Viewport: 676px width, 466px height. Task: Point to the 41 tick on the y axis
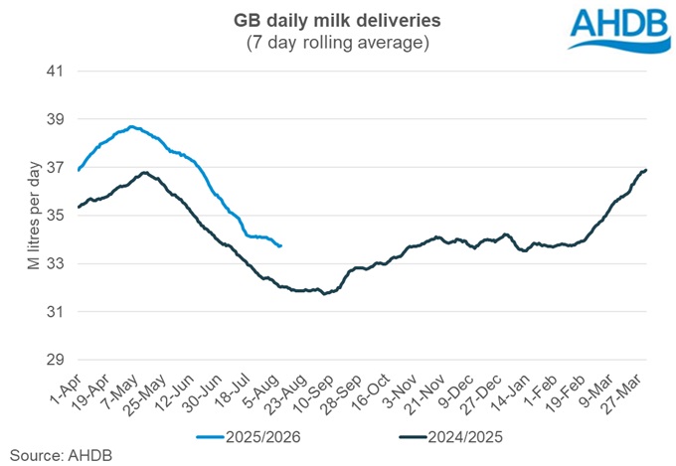pos(55,72)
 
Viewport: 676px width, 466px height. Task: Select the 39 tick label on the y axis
pos(55,119)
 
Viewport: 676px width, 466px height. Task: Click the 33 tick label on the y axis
pos(55,264)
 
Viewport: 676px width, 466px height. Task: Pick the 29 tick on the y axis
pos(55,360)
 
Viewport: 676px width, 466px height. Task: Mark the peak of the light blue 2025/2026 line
pos(131,126)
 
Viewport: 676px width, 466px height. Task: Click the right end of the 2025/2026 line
pos(281,245)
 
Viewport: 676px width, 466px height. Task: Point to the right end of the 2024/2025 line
pos(646,170)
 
